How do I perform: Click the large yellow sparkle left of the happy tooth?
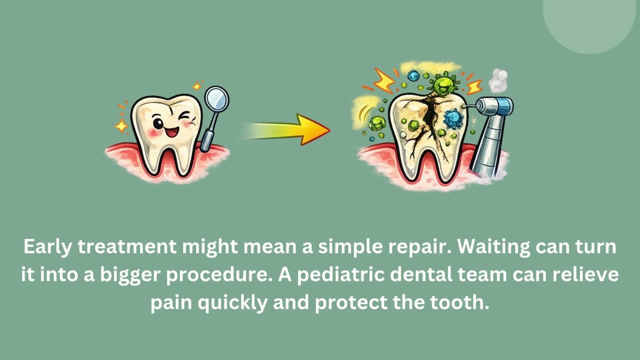point(121,125)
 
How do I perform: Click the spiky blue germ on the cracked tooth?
point(454,118)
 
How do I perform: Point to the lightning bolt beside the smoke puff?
point(474,86)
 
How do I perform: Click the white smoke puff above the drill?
point(498,80)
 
